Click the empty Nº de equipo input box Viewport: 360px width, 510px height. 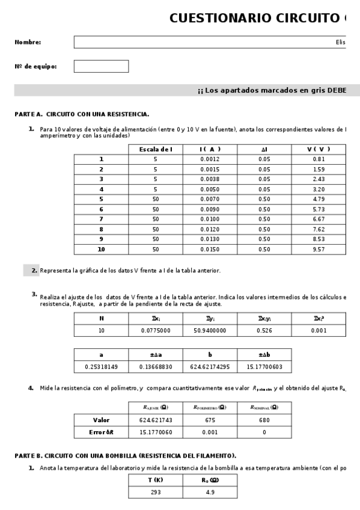pos(101,66)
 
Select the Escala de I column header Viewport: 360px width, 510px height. pos(155,149)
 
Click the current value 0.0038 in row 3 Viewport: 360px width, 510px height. pos(210,179)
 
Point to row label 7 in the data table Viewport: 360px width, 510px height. pos(101,219)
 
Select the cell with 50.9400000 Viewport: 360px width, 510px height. pos(210,330)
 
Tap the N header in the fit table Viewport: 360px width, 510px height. pos(101,319)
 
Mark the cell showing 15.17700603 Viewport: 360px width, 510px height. pos(264,366)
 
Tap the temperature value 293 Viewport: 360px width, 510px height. pos(155,492)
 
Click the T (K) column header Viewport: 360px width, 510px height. pos(155,479)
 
